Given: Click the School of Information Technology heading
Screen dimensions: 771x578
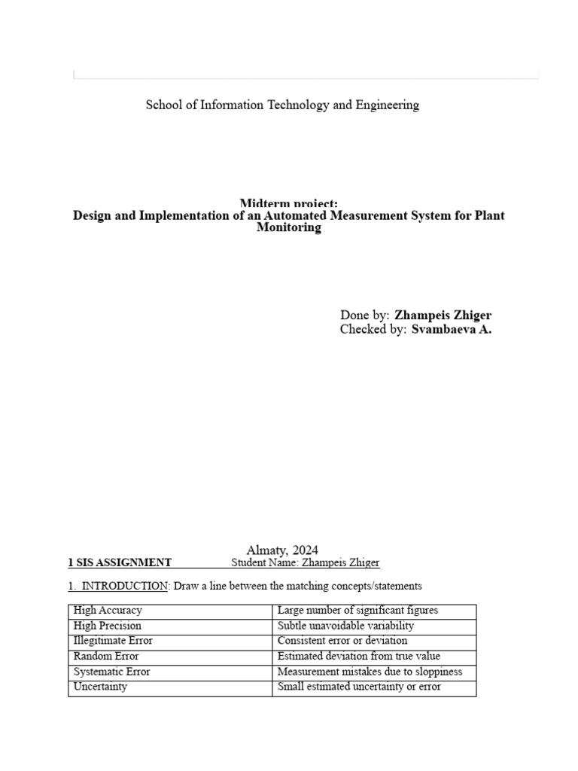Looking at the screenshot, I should [282, 105].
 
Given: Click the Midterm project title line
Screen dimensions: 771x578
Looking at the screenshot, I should [288, 204].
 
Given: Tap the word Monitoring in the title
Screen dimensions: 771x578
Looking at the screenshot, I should [288, 228].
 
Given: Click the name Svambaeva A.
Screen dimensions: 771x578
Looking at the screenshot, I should [451, 330].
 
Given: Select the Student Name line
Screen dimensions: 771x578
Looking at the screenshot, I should [306, 562].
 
